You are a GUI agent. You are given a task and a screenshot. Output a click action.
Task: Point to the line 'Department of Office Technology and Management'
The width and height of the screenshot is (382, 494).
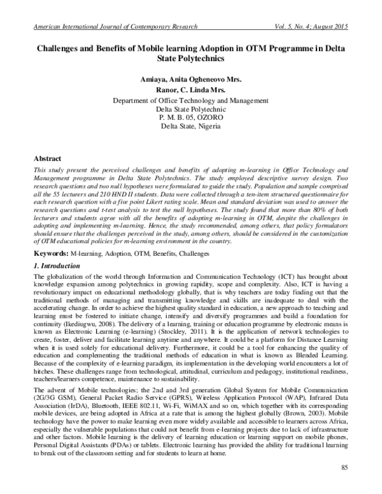point(191,101)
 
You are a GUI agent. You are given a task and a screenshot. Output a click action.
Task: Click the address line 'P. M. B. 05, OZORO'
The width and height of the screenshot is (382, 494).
point(191,118)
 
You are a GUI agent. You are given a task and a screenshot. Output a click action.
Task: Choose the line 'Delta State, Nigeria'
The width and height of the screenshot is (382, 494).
point(191,126)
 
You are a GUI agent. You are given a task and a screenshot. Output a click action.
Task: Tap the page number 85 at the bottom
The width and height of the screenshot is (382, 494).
point(346,469)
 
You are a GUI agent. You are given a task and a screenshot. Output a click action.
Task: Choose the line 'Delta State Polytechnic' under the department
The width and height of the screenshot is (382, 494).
point(191,109)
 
